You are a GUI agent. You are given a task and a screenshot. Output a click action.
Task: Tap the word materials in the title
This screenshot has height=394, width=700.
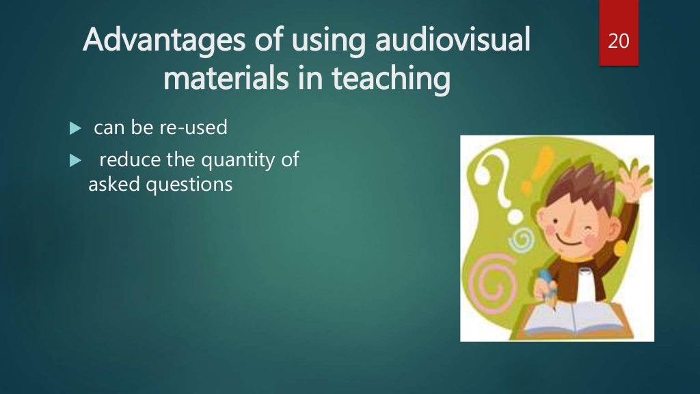217,79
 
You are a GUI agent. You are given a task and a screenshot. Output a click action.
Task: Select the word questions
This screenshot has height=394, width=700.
189,185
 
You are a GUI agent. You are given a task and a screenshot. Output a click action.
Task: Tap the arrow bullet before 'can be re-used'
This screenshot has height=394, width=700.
75,128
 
